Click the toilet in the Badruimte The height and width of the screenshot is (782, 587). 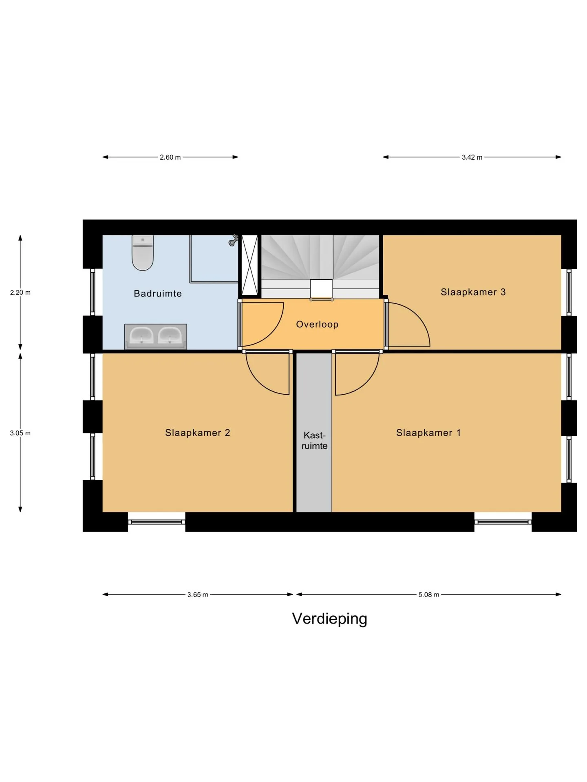tap(142, 253)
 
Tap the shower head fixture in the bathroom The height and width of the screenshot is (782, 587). tap(234, 240)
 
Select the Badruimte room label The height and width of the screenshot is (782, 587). tap(158, 293)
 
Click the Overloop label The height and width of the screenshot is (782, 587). tap(317, 324)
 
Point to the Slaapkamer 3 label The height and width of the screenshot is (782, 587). tap(473, 292)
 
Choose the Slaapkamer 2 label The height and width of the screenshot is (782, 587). tap(197, 433)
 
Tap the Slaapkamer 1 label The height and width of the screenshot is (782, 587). tap(428, 433)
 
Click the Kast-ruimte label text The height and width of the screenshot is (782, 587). tap(314, 441)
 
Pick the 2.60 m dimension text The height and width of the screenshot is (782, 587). tap(170, 157)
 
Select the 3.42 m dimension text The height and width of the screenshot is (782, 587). tap(472, 157)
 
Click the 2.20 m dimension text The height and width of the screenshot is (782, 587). tap(20, 292)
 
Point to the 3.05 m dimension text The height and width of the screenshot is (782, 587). tap(20, 433)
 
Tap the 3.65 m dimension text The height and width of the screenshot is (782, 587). tap(198, 595)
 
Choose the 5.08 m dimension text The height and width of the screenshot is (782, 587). tap(429, 595)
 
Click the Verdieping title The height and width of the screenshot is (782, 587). tap(329, 619)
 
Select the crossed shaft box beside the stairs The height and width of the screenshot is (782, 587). tap(250, 265)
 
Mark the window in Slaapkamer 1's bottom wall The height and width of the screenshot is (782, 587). tap(503, 522)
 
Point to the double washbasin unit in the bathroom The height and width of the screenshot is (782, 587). tap(156, 336)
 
